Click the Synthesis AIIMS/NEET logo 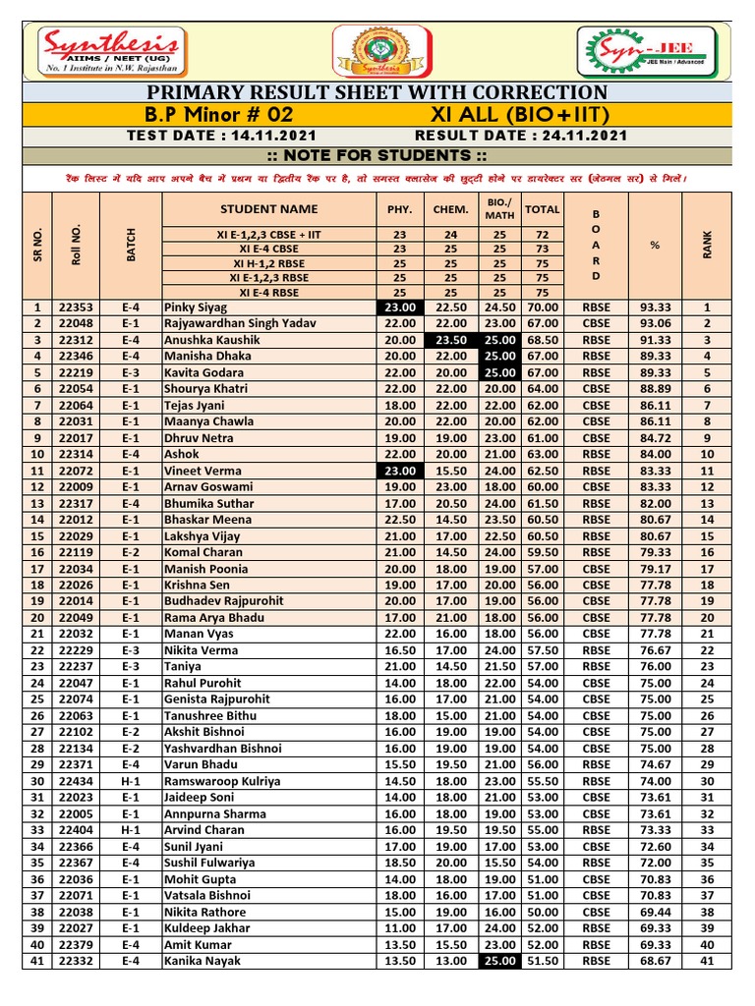[109, 50]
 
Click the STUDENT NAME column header [268, 208]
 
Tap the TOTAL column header [542, 208]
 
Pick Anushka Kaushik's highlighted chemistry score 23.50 [451, 339]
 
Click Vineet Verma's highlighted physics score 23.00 [399, 471]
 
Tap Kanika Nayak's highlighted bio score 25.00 [500, 961]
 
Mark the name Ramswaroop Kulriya [222, 781]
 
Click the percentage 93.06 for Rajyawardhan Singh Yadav [655, 323]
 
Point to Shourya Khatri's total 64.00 [542, 388]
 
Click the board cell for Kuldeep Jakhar [597, 928]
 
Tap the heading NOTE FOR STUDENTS [377, 156]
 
